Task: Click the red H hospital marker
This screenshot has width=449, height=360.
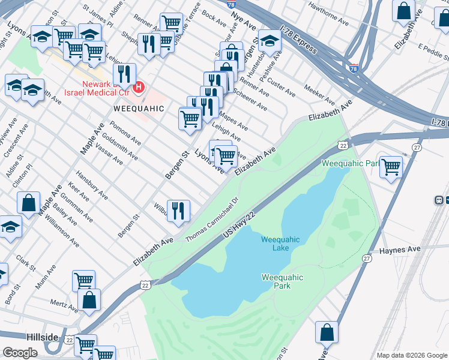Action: [x=139, y=88]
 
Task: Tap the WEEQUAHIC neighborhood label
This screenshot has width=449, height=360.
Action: [x=139, y=109]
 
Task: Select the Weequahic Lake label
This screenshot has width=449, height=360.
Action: [x=280, y=244]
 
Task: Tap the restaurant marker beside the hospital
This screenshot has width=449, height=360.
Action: [x=124, y=74]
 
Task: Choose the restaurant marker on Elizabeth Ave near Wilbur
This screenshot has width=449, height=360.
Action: [x=178, y=211]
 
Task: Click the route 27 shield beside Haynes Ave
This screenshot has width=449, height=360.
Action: [x=366, y=258]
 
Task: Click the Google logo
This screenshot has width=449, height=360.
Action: [x=20, y=353]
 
